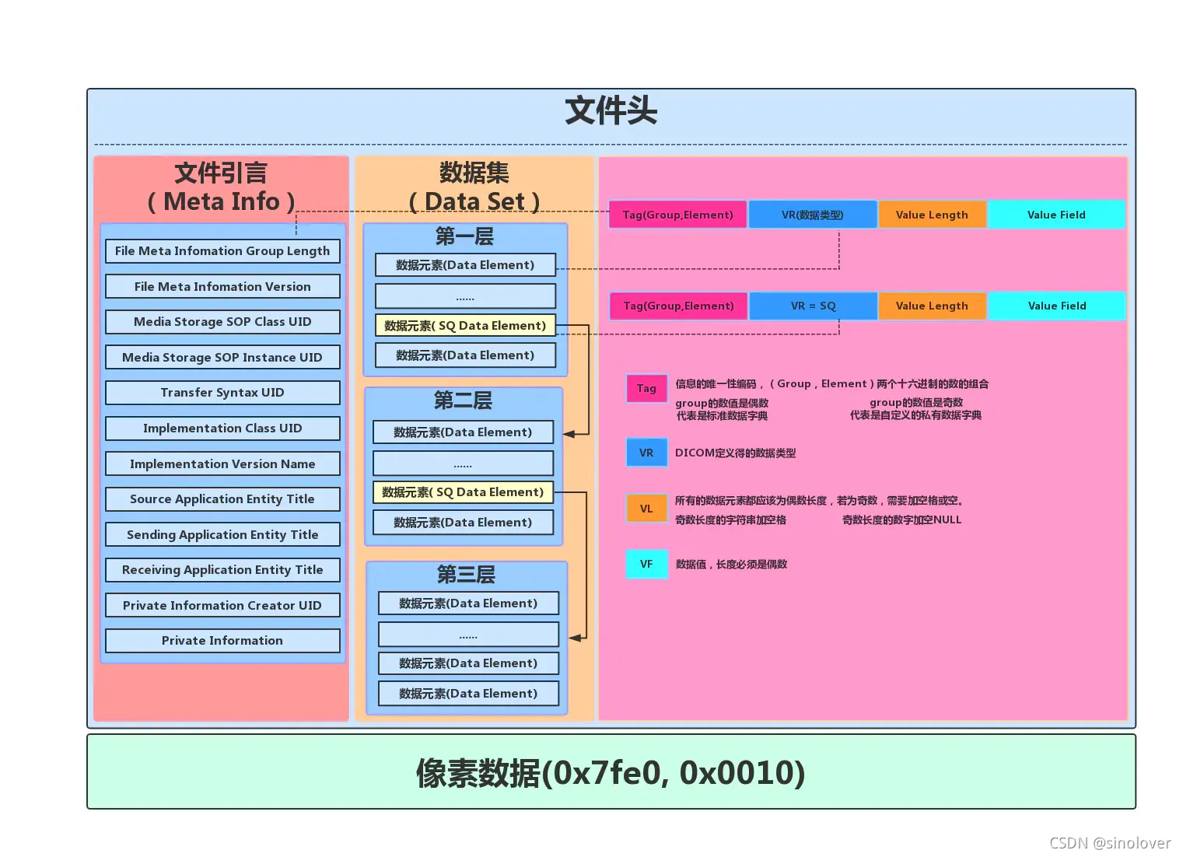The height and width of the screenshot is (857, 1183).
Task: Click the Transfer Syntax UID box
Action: (222, 393)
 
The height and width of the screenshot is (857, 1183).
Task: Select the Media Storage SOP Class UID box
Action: (222, 322)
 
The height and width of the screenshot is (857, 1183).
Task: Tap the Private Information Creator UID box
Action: (222, 606)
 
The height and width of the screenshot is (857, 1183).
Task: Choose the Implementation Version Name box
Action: (222, 464)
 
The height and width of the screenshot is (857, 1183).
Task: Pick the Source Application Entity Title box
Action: (222, 499)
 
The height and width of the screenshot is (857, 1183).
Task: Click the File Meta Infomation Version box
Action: (222, 287)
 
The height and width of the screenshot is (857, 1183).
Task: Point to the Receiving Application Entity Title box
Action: (222, 570)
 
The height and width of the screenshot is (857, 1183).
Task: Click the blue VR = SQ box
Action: (814, 306)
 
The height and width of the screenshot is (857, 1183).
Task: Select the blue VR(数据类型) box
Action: (813, 215)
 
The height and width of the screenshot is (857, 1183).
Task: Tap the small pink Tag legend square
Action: (646, 388)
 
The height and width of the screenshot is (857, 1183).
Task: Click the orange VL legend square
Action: (646, 509)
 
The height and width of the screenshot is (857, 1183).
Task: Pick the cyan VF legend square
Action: (646, 565)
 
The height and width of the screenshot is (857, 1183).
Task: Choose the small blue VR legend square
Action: (646, 453)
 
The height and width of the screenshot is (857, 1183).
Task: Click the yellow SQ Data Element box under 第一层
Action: (465, 326)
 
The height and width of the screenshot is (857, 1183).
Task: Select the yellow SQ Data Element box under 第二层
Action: (463, 492)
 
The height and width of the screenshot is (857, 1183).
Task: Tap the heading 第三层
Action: (466, 575)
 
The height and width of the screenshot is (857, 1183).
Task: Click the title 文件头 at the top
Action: (611, 111)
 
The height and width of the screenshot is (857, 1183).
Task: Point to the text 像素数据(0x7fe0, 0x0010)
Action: (611, 773)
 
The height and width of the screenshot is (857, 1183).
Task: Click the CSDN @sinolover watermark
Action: (1110, 843)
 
